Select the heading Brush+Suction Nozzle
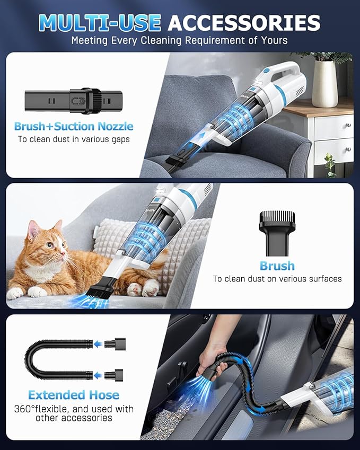click(x=74, y=126)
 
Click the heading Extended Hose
click(x=74, y=395)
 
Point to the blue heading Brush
click(x=277, y=266)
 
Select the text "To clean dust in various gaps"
click(x=74, y=140)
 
